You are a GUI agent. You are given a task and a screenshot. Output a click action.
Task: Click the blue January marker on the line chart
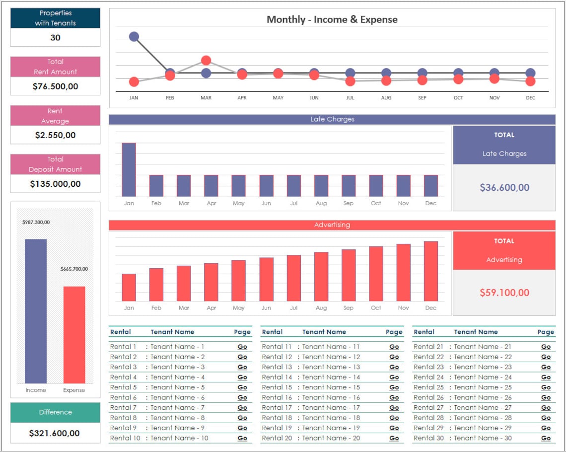click(134, 36)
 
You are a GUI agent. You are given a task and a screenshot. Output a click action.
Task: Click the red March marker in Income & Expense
click(206, 61)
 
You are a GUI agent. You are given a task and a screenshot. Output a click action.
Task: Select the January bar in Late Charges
click(129, 169)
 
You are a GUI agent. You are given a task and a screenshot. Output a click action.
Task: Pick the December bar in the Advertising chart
click(430, 271)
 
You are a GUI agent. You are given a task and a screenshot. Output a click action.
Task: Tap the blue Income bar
click(36, 311)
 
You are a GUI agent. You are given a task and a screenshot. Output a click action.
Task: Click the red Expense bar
click(74, 334)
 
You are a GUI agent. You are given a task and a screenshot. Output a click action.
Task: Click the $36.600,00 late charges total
click(504, 187)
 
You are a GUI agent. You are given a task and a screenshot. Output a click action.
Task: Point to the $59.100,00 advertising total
click(504, 293)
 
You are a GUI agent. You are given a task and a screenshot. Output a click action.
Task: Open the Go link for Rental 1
click(242, 347)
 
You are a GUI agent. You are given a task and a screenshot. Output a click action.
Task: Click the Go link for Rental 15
click(394, 387)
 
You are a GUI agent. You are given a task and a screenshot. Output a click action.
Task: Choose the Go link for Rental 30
click(546, 438)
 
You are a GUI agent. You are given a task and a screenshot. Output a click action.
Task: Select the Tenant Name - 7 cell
click(177, 408)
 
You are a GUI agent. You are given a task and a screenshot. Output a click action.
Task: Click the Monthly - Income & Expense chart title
click(332, 20)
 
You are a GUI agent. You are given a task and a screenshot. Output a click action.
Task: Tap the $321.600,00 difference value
click(55, 433)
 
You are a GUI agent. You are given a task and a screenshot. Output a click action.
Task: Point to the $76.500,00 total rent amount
click(55, 86)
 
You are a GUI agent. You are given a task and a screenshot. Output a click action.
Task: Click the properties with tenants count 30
click(55, 38)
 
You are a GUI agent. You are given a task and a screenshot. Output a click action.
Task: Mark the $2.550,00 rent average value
click(55, 135)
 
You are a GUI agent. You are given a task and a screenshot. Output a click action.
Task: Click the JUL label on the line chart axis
click(350, 98)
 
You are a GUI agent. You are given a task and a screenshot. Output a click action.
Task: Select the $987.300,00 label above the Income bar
click(36, 223)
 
